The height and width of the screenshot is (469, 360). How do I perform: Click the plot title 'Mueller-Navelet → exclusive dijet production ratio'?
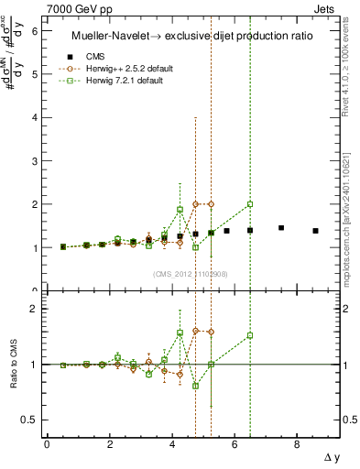click(x=193, y=35)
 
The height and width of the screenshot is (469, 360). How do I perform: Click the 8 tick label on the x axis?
click(x=297, y=444)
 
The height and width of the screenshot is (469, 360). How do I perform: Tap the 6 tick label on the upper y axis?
click(x=34, y=30)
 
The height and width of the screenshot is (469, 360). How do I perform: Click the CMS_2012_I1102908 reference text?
click(x=190, y=274)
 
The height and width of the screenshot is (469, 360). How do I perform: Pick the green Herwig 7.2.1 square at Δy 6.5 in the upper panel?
click(x=250, y=204)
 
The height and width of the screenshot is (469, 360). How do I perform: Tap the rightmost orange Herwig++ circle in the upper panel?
click(x=211, y=204)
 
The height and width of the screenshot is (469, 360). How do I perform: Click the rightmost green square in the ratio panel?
click(x=250, y=335)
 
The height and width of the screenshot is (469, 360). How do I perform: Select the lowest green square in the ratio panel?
click(x=195, y=386)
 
